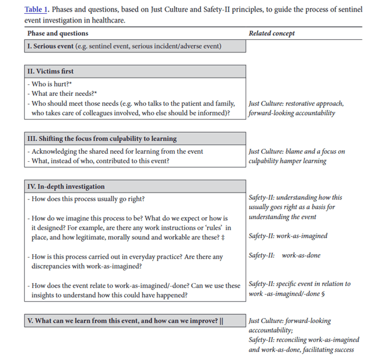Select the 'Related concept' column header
coord(271,34)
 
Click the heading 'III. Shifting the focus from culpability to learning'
coord(102,139)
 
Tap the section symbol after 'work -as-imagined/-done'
coord(323,294)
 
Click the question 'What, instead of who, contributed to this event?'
coord(102,161)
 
